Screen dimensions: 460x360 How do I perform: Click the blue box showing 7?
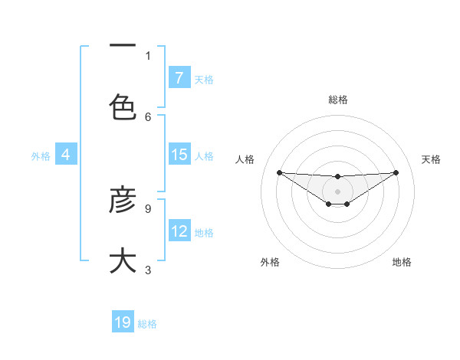click(x=179, y=77)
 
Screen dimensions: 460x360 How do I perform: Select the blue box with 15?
click(x=179, y=155)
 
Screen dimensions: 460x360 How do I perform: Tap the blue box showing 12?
click(x=179, y=231)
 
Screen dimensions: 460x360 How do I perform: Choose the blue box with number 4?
click(x=66, y=155)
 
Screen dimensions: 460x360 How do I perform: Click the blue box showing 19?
click(x=123, y=322)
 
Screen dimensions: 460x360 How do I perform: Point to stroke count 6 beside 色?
click(x=148, y=116)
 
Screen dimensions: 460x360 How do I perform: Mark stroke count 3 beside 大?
click(x=148, y=270)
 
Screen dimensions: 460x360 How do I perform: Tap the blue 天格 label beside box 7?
click(x=204, y=79)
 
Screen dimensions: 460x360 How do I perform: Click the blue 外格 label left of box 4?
click(x=41, y=155)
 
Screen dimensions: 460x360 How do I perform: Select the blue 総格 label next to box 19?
click(x=147, y=324)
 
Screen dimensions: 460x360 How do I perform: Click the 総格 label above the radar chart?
click(x=338, y=100)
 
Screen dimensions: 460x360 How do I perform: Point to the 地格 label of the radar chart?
click(x=402, y=262)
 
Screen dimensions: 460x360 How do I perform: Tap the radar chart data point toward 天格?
click(x=396, y=172)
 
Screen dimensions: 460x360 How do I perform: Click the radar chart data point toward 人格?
click(x=279, y=172)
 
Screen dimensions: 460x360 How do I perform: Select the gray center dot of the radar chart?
click(x=337, y=191)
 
